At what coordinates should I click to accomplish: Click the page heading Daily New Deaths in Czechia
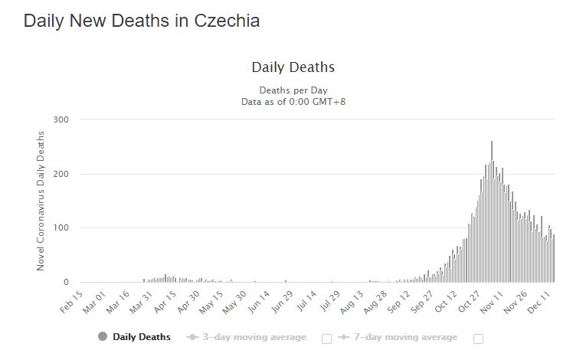click(142, 21)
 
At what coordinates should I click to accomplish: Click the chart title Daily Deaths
click(293, 67)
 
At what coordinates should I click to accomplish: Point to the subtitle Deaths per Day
click(293, 90)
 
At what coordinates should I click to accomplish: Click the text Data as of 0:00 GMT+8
click(293, 101)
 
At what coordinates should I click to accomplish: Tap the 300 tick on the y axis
click(61, 119)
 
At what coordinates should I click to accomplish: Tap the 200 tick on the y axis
click(61, 174)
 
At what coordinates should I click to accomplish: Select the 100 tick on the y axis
click(61, 228)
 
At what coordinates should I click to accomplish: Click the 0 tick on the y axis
click(66, 283)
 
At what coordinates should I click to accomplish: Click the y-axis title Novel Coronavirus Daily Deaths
click(41, 201)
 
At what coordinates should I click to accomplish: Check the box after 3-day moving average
click(326, 339)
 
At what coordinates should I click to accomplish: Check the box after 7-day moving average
click(479, 339)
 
